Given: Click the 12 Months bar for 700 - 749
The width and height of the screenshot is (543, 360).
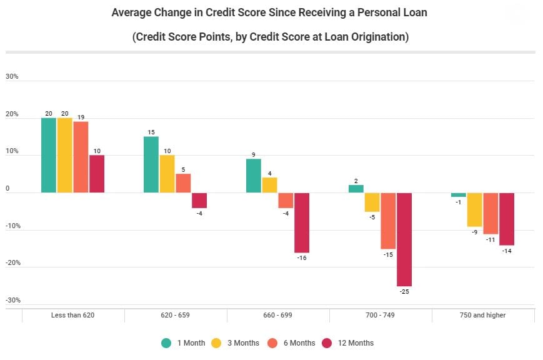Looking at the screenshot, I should click(x=404, y=239).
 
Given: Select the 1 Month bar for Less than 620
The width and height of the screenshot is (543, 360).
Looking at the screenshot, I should click(x=49, y=155).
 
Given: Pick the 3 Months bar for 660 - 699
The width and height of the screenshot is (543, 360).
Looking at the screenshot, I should click(x=269, y=185).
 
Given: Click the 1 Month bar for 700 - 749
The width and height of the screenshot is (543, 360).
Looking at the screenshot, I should click(x=356, y=189).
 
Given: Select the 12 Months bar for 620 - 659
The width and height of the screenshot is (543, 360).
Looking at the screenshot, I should click(x=199, y=200).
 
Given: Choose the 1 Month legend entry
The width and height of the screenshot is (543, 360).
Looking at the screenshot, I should click(x=183, y=342).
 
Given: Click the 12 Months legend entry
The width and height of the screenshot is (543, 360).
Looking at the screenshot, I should click(x=347, y=342).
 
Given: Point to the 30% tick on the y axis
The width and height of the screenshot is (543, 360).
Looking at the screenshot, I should click(x=12, y=77).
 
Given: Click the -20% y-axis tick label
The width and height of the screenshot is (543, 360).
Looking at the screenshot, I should click(x=12, y=263).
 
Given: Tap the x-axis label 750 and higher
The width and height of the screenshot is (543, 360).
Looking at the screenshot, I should click(x=483, y=315).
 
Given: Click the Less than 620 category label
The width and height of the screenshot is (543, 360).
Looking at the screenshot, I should click(x=72, y=315).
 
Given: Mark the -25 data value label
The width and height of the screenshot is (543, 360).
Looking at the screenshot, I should click(x=404, y=292).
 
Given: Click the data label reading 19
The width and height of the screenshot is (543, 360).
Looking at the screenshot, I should click(x=81, y=117).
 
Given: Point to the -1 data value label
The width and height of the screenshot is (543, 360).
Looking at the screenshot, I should click(x=458, y=202).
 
